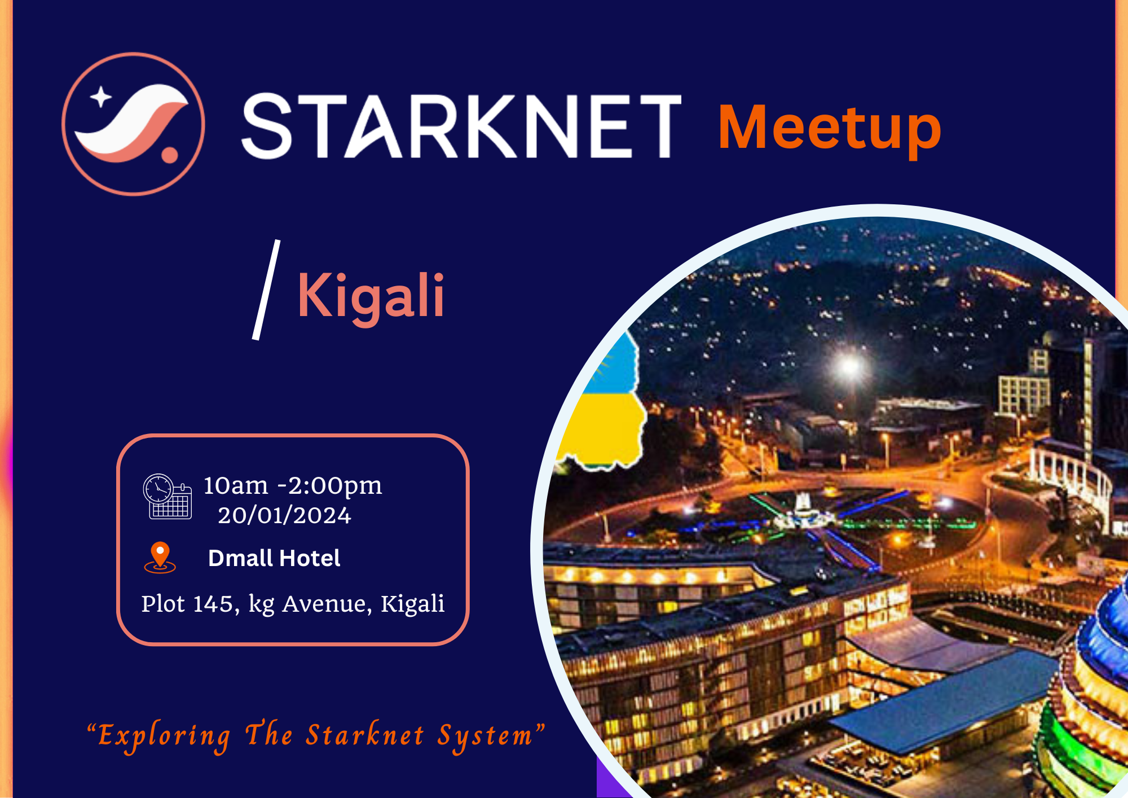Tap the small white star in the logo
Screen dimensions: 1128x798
click(x=101, y=97)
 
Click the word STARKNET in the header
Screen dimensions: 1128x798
click(x=461, y=126)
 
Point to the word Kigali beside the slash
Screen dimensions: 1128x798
click(x=371, y=296)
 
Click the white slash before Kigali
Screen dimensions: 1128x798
click(x=266, y=290)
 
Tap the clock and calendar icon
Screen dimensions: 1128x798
click(x=168, y=496)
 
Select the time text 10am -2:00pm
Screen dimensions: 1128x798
click(x=293, y=485)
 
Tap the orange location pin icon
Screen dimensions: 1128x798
click(x=160, y=557)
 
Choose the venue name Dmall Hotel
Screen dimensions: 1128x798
click(x=274, y=558)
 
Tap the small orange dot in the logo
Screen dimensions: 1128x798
click(x=169, y=155)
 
